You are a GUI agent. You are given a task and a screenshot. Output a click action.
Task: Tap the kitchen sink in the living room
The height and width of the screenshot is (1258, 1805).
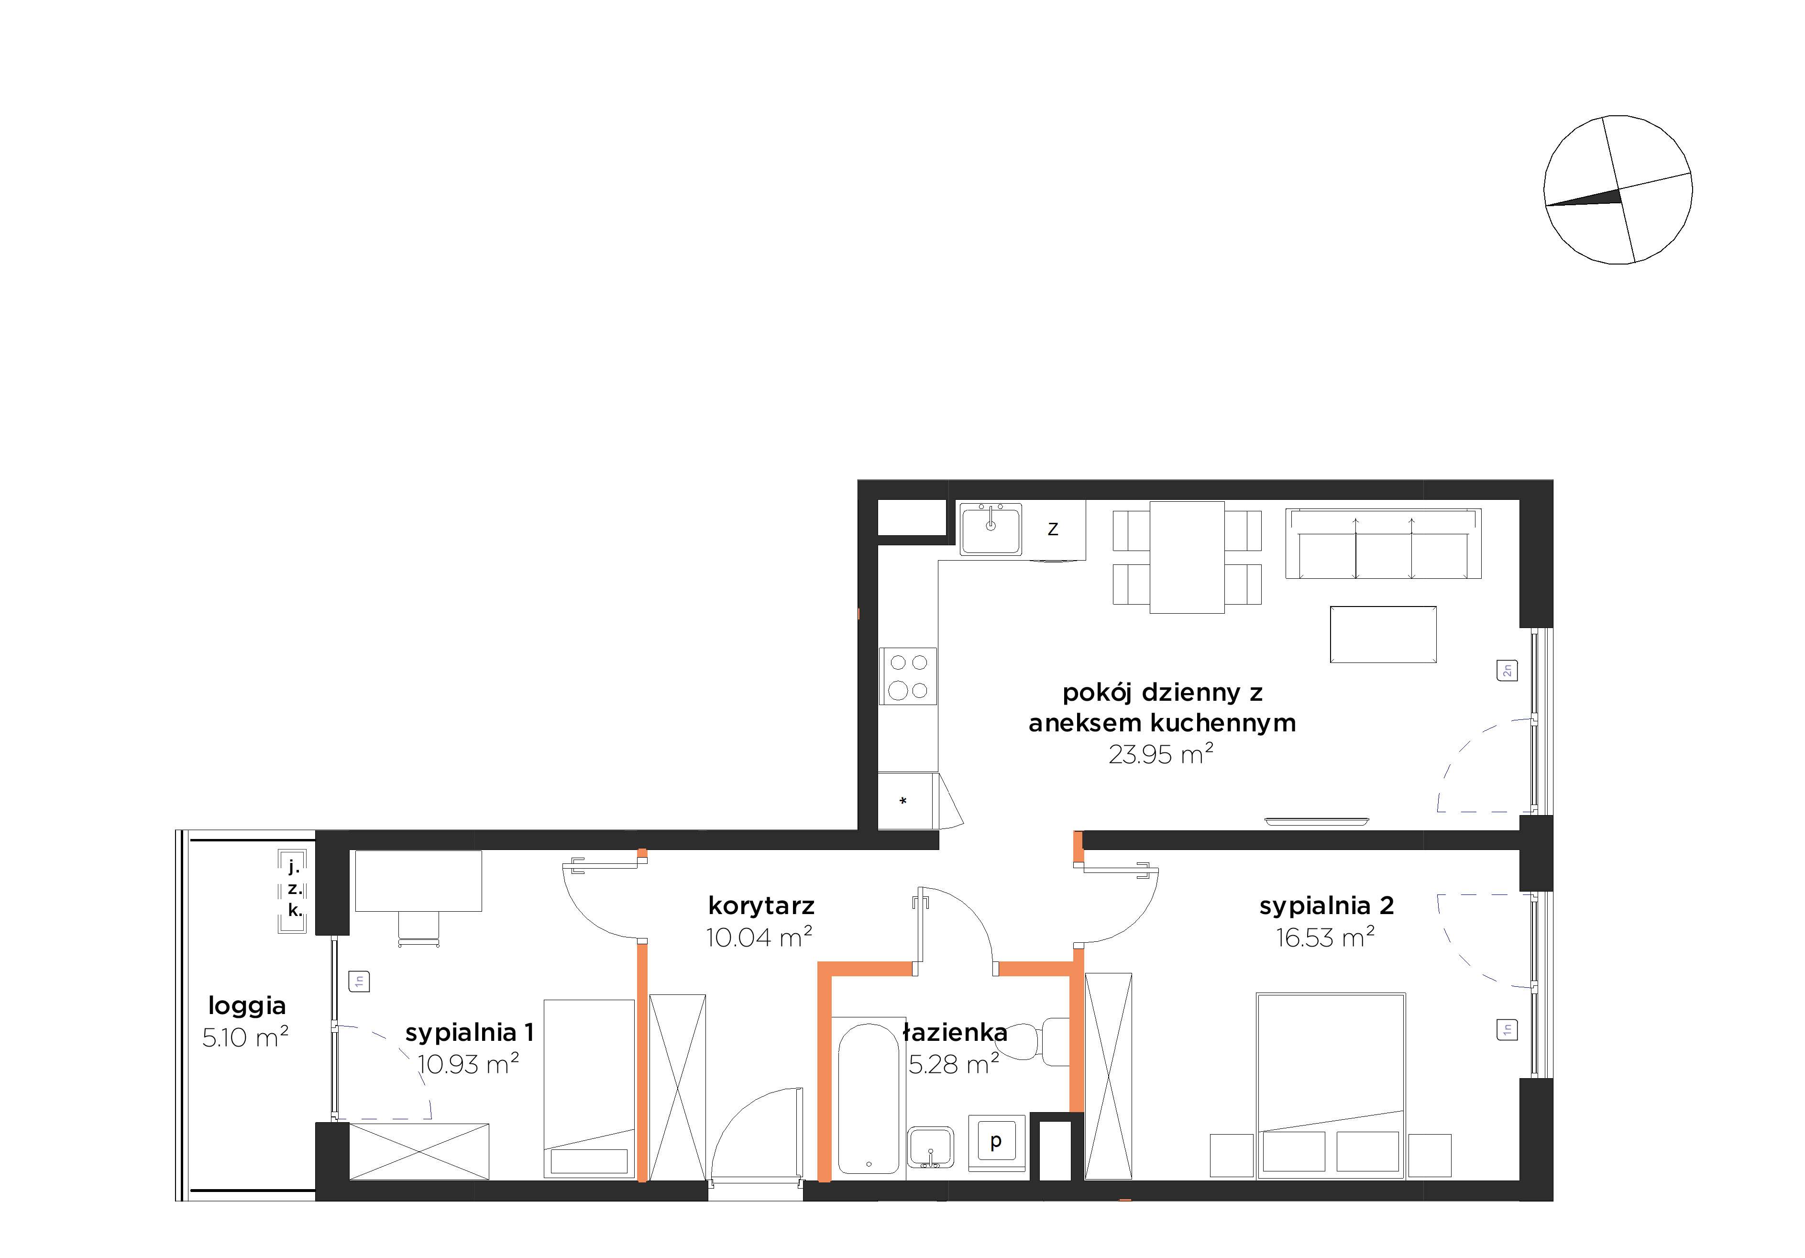[x=991, y=529]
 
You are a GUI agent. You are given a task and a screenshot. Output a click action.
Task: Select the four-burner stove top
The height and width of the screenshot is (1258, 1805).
[x=908, y=676]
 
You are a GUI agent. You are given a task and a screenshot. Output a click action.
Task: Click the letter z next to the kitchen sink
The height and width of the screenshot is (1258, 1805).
[x=1053, y=529]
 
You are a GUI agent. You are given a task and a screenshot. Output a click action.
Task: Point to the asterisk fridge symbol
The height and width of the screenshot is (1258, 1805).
[x=903, y=801]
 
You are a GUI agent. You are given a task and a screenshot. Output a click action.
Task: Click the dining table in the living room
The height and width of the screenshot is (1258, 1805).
[x=1187, y=557]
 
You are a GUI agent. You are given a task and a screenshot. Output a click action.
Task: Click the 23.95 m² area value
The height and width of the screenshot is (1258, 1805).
[x=1161, y=754]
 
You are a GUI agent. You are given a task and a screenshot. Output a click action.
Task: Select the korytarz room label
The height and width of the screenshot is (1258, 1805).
[x=761, y=906]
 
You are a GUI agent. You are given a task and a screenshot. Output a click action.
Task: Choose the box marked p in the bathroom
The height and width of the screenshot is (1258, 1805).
[x=997, y=1141]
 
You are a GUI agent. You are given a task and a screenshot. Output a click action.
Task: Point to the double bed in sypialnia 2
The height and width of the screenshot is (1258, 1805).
[x=1331, y=1086]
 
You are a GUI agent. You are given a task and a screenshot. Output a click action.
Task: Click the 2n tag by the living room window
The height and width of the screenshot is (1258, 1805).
[x=1507, y=671]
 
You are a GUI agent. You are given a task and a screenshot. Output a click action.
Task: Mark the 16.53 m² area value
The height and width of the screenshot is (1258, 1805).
[x=1325, y=937]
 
